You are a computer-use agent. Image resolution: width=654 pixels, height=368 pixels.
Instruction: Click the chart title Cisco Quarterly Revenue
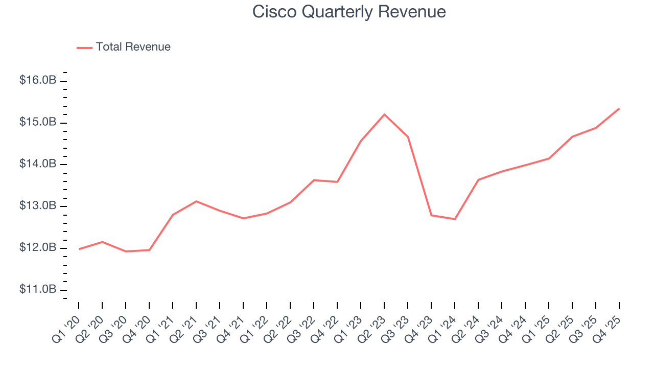coord(349,12)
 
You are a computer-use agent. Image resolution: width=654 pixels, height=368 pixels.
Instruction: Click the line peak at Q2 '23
coord(384,114)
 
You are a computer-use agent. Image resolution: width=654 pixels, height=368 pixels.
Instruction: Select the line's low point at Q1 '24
coord(455,219)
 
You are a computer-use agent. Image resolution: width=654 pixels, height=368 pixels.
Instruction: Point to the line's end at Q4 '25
coord(619,108)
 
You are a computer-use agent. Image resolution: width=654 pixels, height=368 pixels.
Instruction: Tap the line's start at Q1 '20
coord(79,249)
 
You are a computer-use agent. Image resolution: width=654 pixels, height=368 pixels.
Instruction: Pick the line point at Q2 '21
coord(196,201)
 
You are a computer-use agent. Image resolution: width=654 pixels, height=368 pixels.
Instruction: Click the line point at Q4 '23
coord(431,215)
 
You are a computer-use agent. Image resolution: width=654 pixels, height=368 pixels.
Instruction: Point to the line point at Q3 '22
coord(314,180)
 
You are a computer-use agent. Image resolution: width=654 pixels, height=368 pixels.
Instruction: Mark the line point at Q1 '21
coord(173,215)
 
